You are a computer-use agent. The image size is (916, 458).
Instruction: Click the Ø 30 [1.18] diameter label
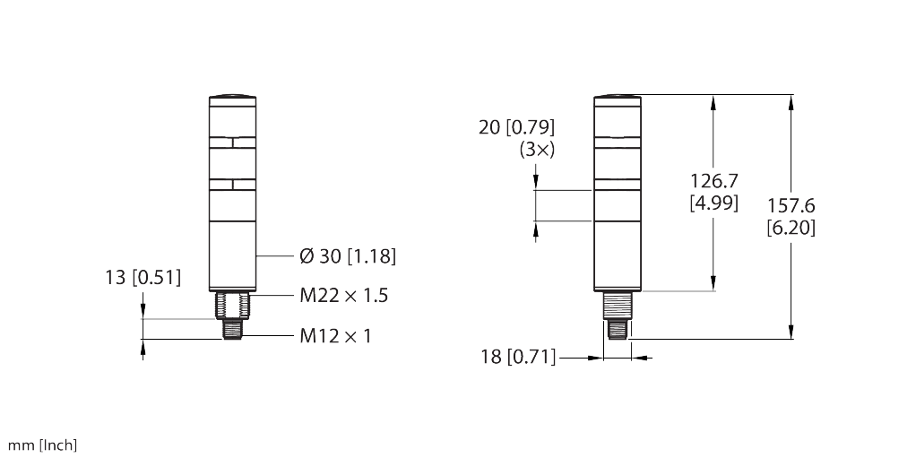[347, 257]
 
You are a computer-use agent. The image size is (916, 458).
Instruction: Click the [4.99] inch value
[713, 203]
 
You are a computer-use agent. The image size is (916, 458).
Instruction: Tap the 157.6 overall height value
[791, 207]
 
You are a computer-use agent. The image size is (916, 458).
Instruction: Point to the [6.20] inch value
[791, 228]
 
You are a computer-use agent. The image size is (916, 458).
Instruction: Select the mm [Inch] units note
[43, 445]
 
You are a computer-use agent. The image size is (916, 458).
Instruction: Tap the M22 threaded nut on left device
[232, 306]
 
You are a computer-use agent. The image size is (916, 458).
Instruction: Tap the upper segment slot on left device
[232, 142]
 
